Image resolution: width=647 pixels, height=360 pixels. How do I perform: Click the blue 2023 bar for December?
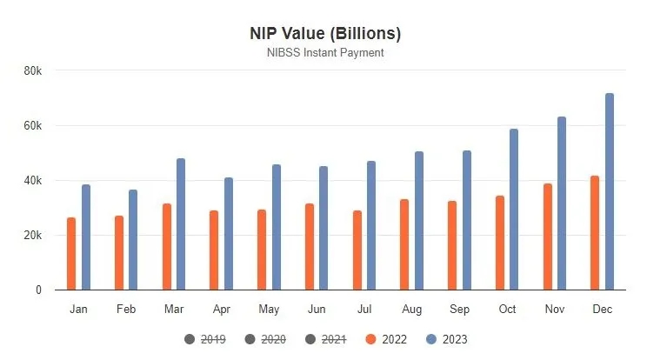[x=610, y=191]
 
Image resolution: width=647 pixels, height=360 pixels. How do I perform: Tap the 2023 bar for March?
[x=181, y=224]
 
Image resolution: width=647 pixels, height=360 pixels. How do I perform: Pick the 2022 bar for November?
[x=548, y=237]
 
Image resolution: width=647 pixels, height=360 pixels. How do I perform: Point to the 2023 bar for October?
[x=514, y=210]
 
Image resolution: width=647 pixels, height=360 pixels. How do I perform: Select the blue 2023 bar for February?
[x=133, y=239]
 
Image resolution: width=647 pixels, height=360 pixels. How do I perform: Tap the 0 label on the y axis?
[x=38, y=290]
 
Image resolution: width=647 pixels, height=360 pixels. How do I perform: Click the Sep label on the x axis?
[x=459, y=310]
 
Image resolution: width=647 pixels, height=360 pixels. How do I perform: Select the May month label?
[x=269, y=310]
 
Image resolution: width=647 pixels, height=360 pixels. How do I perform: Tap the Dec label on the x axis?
[x=602, y=310]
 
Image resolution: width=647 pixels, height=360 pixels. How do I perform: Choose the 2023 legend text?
[x=455, y=339]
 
